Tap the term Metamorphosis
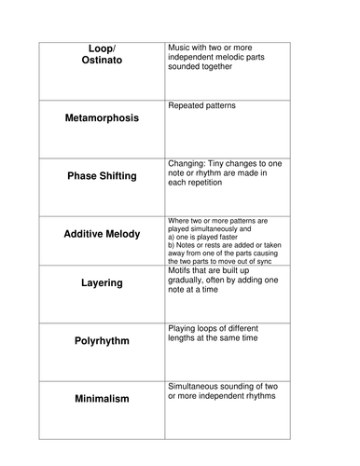click(x=101, y=120)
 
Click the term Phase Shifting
click(x=101, y=175)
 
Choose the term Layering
click(x=101, y=281)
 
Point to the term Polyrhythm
click(x=101, y=340)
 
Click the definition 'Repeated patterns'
click(x=201, y=106)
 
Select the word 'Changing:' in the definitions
click(x=189, y=162)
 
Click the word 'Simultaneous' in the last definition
click(x=199, y=384)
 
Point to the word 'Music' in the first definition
click(x=180, y=46)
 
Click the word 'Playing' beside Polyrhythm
click(x=184, y=328)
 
